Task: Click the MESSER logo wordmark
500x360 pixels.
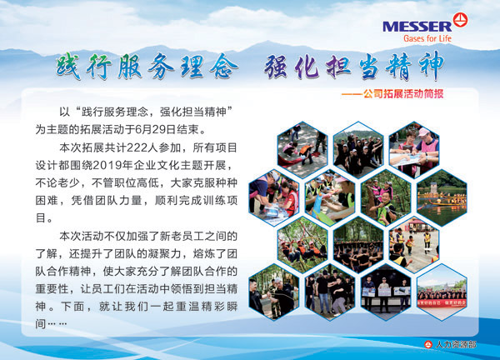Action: (417, 27)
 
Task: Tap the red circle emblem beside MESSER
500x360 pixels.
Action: (461, 20)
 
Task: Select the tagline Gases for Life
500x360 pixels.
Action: (427, 38)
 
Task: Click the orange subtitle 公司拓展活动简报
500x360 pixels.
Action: (403, 93)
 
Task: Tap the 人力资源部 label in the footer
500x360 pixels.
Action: (456, 344)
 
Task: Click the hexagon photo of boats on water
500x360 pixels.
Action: (442, 197)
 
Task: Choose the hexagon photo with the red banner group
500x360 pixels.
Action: (442, 292)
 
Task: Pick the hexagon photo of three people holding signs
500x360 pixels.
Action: (386, 292)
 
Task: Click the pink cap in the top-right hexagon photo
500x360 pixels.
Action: (424, 132)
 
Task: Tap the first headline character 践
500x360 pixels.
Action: (68, 67)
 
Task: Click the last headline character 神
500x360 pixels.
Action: (432, 67)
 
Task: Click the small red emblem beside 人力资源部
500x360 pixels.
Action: (428, 344)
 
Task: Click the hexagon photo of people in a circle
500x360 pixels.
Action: (358, 245)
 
